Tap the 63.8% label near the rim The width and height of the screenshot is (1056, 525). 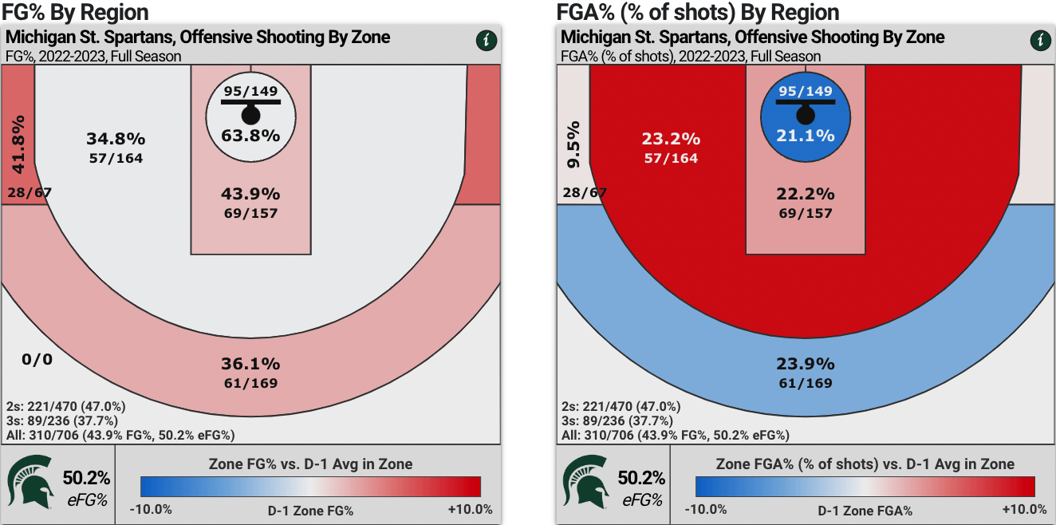(250, 135)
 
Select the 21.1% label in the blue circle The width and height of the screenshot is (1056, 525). (806, 135)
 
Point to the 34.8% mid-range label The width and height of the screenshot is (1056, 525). (114, 140)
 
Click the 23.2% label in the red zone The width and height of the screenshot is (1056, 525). (669, 140)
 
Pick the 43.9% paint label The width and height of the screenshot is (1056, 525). (250, 194)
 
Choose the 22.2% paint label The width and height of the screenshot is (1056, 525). (806, 194)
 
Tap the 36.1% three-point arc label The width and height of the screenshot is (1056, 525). (250, 364)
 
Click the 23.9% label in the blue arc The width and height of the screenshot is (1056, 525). (806, 364)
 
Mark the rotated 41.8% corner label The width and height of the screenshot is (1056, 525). (18, 144)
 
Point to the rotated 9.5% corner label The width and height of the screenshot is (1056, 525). (573, 144)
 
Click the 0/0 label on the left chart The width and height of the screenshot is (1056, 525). (37, 359)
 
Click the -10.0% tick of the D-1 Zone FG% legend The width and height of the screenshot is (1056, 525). (152, 510)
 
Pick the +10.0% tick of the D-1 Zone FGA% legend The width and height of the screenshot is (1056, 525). (1025, 510)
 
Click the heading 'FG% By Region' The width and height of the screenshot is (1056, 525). (75, 12)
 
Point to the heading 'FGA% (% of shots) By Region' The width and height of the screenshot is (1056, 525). (699, 12)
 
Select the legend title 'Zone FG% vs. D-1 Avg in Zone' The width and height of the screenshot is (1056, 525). (310, 464)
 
